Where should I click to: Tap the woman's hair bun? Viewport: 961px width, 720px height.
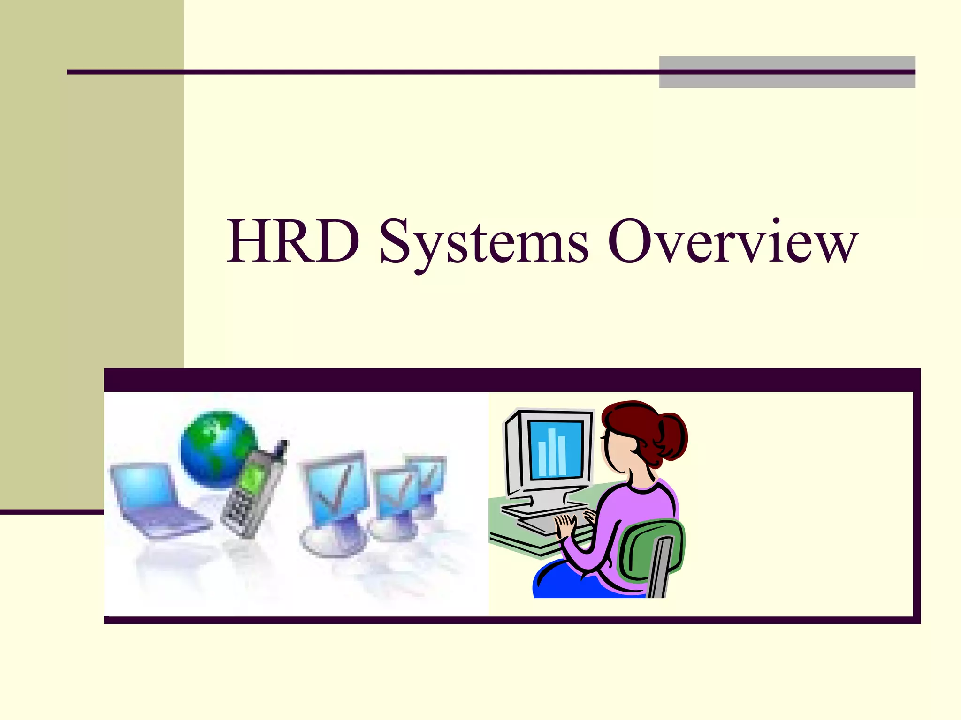coord(671,436)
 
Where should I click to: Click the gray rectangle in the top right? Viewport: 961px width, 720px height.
coord(787,72)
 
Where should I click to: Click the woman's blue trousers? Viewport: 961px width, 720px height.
coord(563,584)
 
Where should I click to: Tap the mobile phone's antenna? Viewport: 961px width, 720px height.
coord(283,448)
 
